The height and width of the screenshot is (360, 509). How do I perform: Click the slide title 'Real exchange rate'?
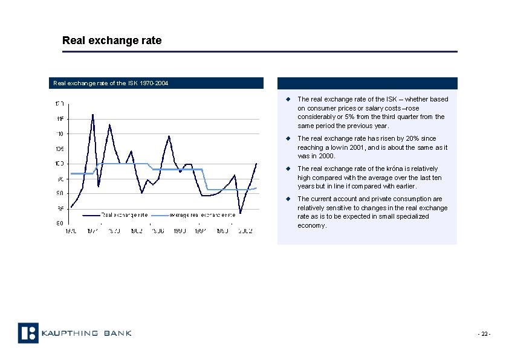112,40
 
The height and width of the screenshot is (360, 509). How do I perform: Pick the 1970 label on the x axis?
71,231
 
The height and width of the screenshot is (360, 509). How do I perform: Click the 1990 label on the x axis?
180,231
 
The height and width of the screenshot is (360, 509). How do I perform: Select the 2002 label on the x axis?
245,231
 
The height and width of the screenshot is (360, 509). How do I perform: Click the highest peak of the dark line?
92,114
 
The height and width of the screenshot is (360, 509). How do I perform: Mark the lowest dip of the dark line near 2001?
240,213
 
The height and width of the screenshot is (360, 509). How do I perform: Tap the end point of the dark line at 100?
257,163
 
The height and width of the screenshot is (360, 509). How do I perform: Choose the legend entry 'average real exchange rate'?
202,214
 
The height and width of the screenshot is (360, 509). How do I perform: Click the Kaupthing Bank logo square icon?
28,333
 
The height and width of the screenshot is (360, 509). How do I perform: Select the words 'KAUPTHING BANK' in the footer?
87,333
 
